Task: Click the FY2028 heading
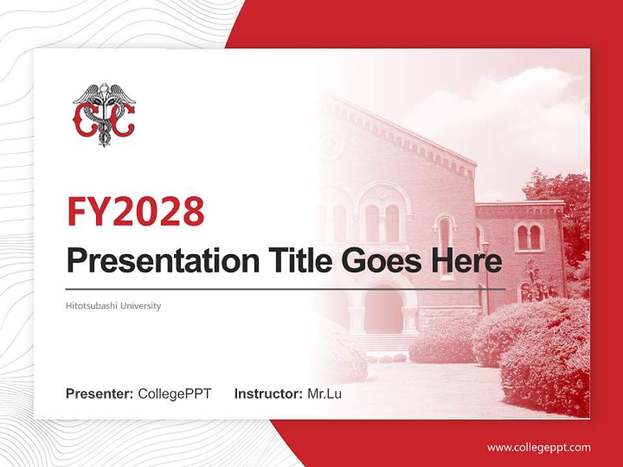(136, 211)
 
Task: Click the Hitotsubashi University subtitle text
(114, 305)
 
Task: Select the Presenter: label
(100, 394)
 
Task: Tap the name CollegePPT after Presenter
(175, 394)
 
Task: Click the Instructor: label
(268, 394)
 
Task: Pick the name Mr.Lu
(324, 394)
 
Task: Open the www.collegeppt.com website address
(539, 447)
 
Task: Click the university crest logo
(104, 114)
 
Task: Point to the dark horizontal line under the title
(286, 289)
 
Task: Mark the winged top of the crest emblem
(104, 94)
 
